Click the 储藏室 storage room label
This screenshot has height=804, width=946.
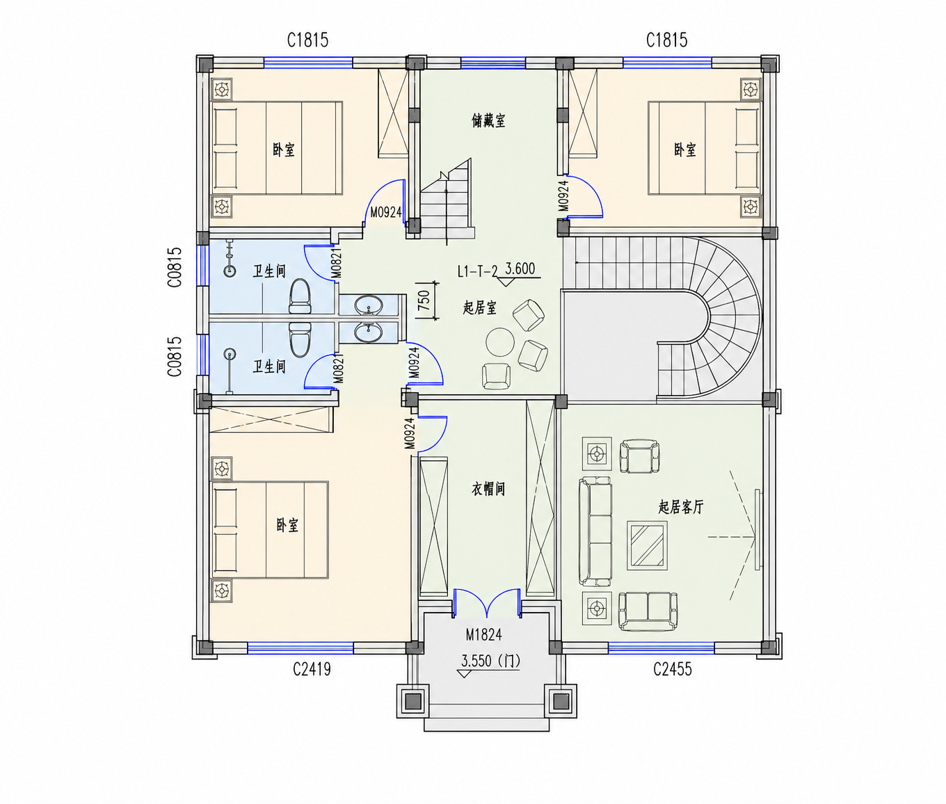488,121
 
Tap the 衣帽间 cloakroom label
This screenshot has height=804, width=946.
488,489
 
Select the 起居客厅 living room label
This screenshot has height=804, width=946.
680,506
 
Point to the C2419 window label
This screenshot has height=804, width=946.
312,670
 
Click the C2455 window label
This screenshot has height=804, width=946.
673,670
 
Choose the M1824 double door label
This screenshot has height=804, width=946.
483,635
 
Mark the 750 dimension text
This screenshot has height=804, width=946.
424,300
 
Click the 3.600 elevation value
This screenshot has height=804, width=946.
520,268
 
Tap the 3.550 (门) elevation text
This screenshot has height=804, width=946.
490,661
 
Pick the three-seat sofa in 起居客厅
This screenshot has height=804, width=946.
595,531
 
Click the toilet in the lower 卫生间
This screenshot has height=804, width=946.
300,339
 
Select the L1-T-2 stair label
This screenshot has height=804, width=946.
477,271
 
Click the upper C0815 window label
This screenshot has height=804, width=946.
175,267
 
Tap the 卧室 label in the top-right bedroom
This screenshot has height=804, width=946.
684,150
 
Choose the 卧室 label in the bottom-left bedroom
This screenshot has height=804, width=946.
287,525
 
